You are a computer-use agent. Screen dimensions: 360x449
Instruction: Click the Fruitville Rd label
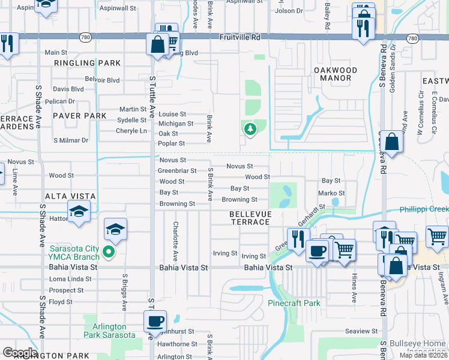(239, 37)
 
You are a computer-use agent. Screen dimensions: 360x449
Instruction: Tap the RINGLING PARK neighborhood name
(87, 63)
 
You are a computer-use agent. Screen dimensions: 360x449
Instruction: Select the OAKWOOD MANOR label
(336, 74)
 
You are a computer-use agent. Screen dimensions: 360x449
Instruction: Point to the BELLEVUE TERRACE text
(250, 218)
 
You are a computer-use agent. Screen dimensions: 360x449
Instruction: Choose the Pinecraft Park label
(294, 304)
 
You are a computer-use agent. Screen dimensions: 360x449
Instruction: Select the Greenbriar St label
(177, 171)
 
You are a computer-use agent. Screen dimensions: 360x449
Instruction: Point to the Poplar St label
(171, 144)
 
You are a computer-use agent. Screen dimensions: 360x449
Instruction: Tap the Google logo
(20, 353)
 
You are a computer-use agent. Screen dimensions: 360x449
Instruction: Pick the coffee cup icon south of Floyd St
(155, 321)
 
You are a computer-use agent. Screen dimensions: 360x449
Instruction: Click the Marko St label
(331, 193)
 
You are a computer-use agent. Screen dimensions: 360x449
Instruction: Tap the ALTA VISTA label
(71, 196)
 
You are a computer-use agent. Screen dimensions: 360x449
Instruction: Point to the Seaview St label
(361, 331)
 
